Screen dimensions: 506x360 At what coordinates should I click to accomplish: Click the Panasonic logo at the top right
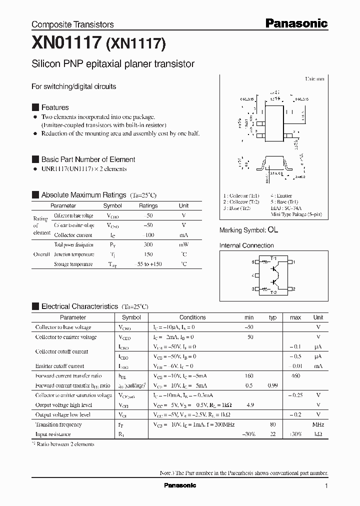point(296,23)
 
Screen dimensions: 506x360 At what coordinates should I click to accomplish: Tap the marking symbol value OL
point(272,230)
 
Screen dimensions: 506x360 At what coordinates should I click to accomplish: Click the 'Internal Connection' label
point(246,245)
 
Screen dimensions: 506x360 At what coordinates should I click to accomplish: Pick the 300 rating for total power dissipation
point(148,245)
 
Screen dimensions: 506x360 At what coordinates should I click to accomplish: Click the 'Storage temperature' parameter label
point(73,264)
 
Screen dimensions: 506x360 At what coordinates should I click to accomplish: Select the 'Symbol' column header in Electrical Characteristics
point(131,317)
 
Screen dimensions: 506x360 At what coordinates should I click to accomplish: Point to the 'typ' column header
point(272,317)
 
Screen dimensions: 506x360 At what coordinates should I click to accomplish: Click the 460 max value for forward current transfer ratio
point(295,375)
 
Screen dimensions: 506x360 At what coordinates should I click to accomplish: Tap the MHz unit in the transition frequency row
point(318,424)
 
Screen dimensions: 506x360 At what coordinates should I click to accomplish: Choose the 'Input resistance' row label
point(53,434)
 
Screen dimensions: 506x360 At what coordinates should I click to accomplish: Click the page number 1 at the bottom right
point(326,486)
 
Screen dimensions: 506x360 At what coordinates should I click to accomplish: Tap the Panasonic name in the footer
point(180,485)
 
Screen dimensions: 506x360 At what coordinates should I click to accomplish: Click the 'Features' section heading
point(55,107)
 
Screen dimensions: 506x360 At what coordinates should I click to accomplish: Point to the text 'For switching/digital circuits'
point(74,86)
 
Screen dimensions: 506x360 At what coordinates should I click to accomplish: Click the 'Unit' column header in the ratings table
point(184,205)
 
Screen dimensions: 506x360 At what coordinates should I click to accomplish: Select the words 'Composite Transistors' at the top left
point(72,24)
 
